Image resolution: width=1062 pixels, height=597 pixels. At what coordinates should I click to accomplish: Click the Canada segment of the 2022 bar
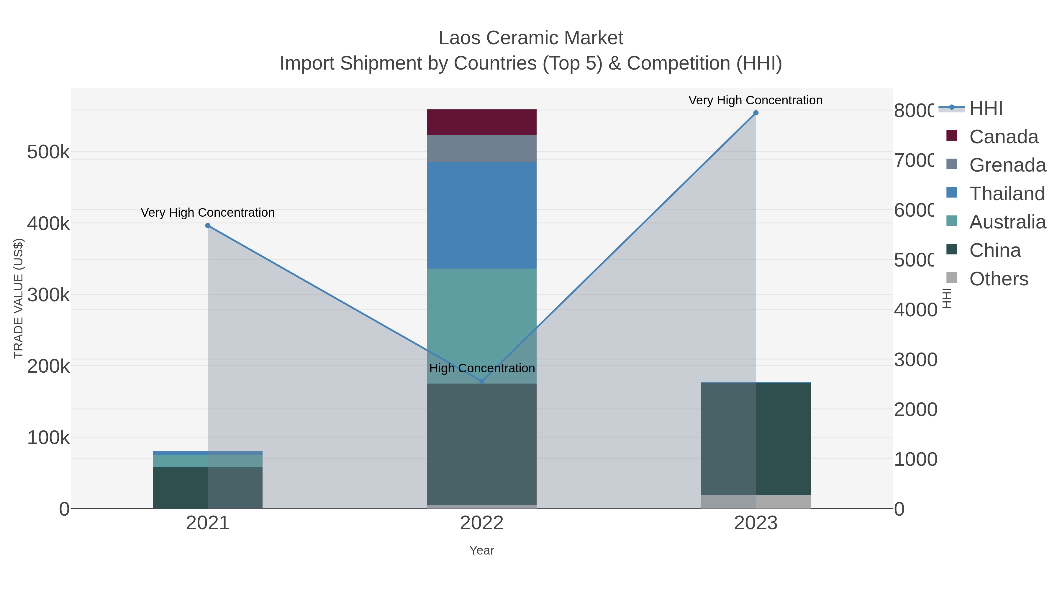click(x=481, y=122)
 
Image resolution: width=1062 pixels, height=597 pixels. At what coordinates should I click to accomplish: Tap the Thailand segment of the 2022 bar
click(x=481, y=215)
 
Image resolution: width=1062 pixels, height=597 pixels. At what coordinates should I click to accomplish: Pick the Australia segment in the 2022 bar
click(x=481, y=313)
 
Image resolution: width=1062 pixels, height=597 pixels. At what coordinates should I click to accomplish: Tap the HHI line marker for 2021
click(x=208, y=225)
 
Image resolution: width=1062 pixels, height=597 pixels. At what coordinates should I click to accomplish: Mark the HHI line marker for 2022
click(x=481, y=381)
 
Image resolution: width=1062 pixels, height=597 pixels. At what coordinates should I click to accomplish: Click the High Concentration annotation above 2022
click(x=481, y=368)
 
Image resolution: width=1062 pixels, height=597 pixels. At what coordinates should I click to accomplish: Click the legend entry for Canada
click(x=1004, y=137)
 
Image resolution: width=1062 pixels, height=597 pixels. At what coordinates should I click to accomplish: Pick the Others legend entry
click(x=999, y=279)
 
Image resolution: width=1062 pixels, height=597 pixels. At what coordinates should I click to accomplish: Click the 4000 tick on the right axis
click(x=915, y=310)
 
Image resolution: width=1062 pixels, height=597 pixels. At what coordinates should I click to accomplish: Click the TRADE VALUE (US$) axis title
click(x=19, y=298)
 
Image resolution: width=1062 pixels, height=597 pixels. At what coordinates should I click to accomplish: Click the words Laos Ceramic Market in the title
click(x=531, y=38)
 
